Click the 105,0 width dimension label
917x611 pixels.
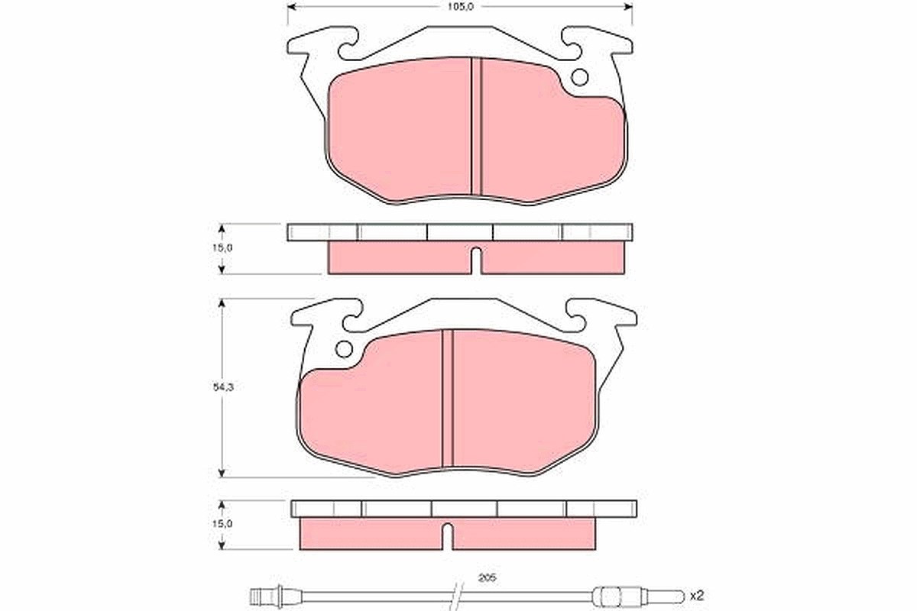tap(460, 7)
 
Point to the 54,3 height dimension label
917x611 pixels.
tap(222, 387)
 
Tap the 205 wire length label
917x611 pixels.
tap(487, 578)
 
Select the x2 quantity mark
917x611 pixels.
tap(697, 596)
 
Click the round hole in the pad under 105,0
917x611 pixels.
tap(579, 77)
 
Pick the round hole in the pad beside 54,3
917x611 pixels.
tap(344, 349)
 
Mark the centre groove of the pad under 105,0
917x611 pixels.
tap(476, 127)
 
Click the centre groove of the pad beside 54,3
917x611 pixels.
tap(448, 398)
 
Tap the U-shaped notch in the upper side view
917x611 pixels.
tap(475, 260)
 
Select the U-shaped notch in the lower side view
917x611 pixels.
tap(448, 536)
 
